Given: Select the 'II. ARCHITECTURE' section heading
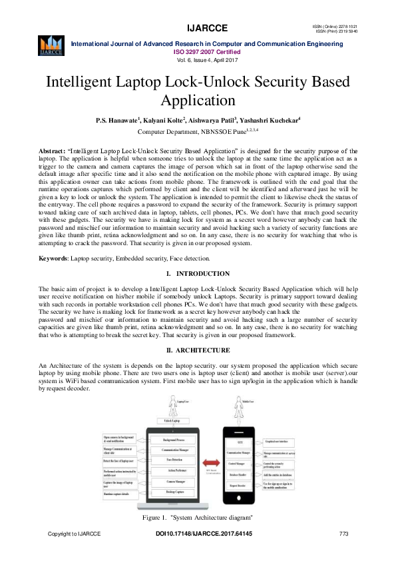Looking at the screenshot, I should [x=198, y=350].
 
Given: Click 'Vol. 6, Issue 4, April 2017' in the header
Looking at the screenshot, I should [x=198, y=59].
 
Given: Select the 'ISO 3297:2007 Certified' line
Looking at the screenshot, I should [x=198, y=51].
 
